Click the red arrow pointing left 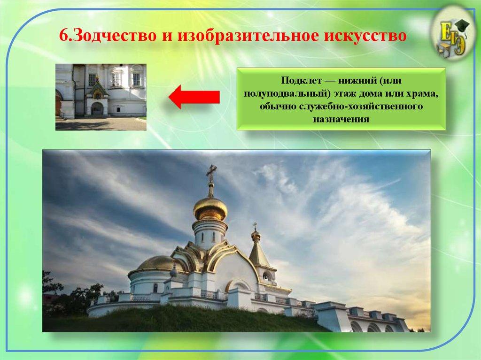(x=194, y=97)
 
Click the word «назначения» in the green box (x=341, y=119)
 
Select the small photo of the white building (x=101, y=97)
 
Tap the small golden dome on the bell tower (x=256, y=235)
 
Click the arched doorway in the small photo (x=97, y=109)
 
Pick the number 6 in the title (x=63, y=35)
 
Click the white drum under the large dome (x=209, y=233)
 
